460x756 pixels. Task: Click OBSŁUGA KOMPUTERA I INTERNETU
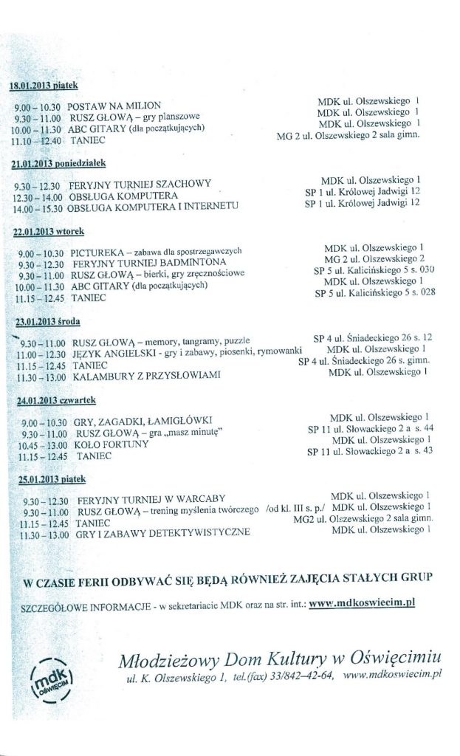point(150,209)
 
